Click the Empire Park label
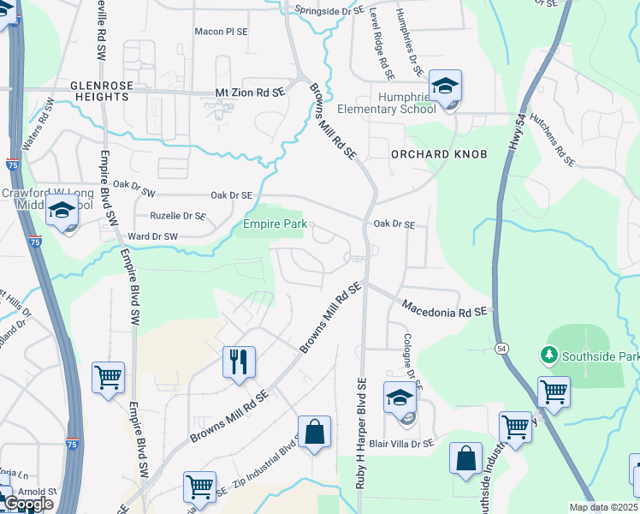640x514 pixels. click(x=275, y=225)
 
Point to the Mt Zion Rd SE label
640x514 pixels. click(x=248, y=93)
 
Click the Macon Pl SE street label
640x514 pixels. click(x=221, y=31)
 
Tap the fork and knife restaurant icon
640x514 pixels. click(x=239, y=362)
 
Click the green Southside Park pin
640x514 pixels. click(x=548, y=354)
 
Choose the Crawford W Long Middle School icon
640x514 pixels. click(x=62, y=211)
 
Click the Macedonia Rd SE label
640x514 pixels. click(x=443, y=306)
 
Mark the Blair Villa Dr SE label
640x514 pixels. click(x=405, y=443)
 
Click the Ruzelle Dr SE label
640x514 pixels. click(x=178, y=216)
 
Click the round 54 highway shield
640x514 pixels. click(x=501, y=347)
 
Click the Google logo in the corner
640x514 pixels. click(x=28, y=504)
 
